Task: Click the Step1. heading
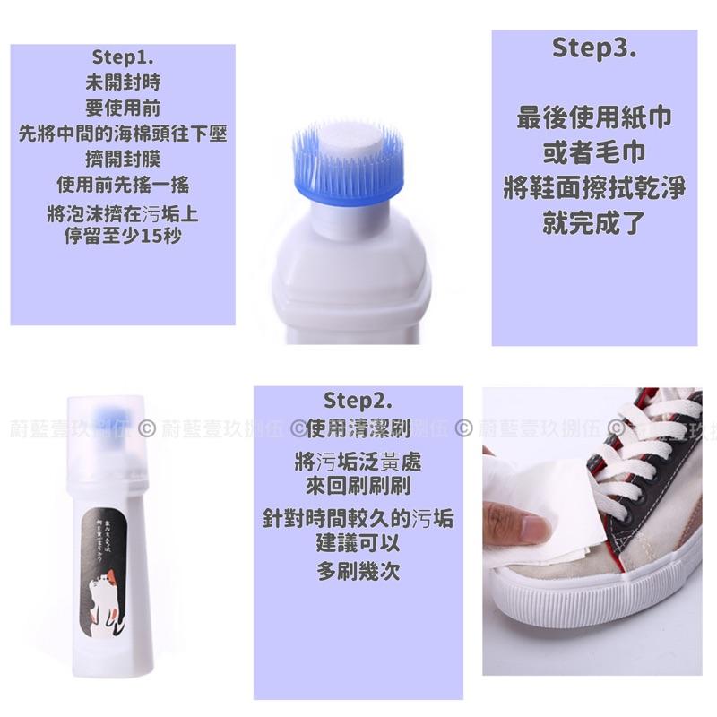pos(123,57)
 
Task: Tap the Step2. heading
pos(358,399)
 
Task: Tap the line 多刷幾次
pos(358,570)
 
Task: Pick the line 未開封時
pos(123,83)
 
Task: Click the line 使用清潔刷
pos(358,428)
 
